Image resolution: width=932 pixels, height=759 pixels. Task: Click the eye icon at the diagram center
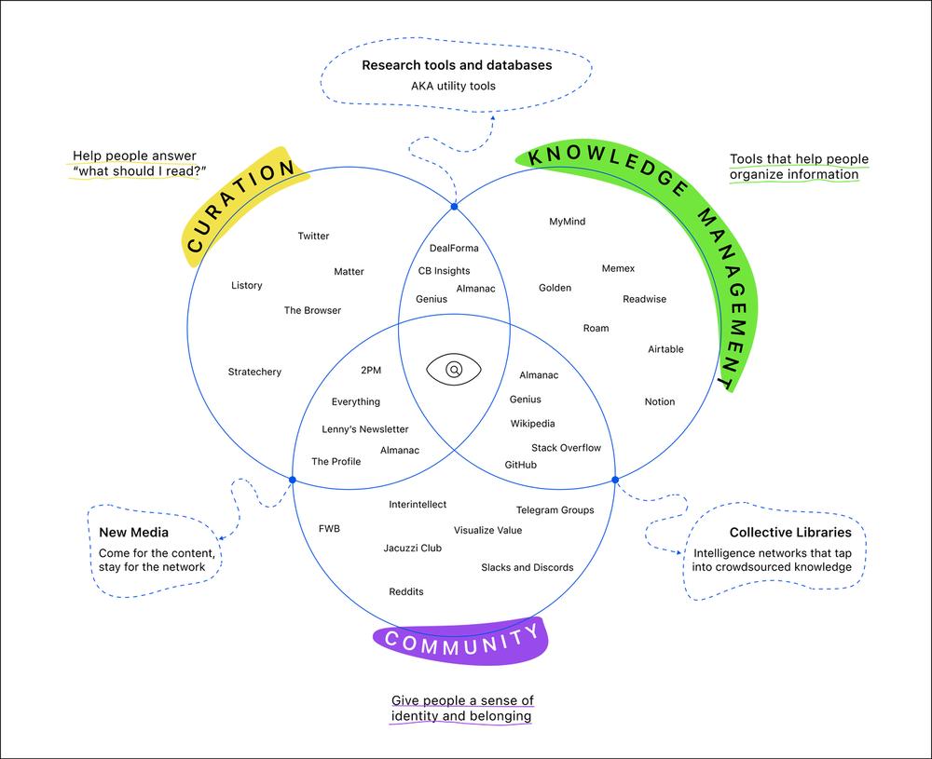coord(454,370)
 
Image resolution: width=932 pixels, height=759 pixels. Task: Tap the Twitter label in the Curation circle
coord(313,236)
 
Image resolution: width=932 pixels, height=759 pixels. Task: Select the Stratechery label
coord(254,372)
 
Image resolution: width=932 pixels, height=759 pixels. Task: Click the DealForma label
coord(454,249)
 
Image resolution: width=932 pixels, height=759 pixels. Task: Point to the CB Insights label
coord(444,271)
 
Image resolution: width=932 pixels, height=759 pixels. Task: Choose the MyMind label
coord(567,222)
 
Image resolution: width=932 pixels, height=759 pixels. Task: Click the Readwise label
coord(644,299)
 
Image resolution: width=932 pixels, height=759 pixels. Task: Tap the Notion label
coord(660,401)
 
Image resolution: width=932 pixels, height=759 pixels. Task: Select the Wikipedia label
coord(532,424)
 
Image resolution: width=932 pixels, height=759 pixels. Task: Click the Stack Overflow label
coord(566,448)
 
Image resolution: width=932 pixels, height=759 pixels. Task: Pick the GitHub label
coord(521,465)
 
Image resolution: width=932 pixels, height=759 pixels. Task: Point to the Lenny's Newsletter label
coord(365,428)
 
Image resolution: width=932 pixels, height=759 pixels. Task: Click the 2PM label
coord(371,370)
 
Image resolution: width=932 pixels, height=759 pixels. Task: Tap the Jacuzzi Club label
coord(413,548)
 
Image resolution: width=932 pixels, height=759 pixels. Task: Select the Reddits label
coord(406,591)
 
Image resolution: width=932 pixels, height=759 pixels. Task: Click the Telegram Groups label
coord(555,509)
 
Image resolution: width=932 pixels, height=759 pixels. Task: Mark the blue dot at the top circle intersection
coord(454,207)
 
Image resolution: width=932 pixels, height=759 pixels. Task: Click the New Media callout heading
coord(133,532)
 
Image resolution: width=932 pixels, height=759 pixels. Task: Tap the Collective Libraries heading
coord(790,532)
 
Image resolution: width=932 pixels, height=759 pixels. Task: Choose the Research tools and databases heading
coord(457,65)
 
